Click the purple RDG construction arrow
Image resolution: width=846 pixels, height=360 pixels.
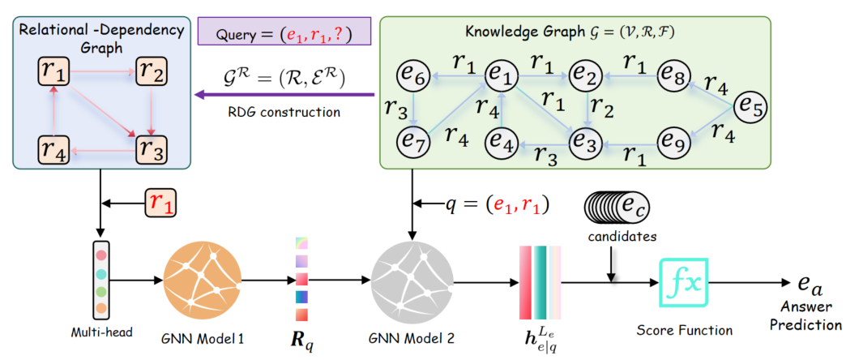[x=284, y=96]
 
